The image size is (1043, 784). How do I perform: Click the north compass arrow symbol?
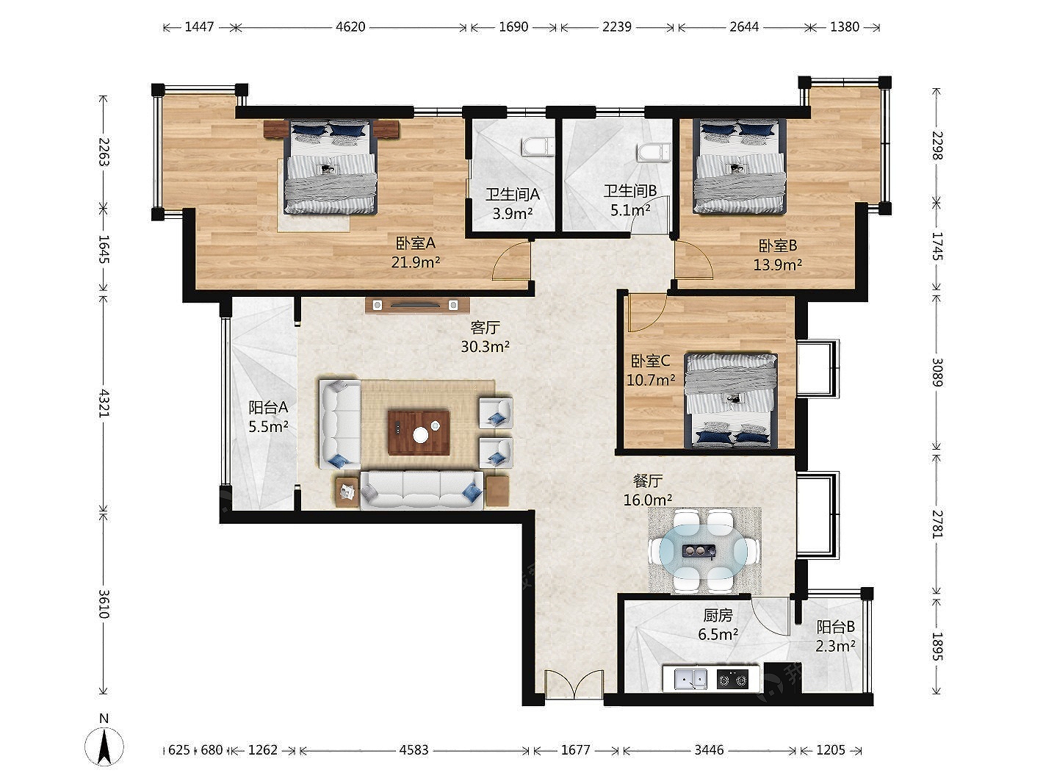tap(104, 746)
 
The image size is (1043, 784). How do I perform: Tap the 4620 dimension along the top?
tap(350, 27)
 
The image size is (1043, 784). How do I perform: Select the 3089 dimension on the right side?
tap(936, 372)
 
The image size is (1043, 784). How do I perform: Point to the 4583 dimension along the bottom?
tap(414, 749)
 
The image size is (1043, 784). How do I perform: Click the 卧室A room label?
tap(415, 243)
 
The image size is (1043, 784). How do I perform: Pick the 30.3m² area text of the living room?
tap(486, 346)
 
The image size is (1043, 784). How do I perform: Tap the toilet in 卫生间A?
tap(538, 146)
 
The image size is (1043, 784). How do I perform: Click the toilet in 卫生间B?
tap(654, 153)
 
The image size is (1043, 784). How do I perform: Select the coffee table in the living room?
tap(419, 432)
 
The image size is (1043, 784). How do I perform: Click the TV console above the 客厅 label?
tap(417, 305)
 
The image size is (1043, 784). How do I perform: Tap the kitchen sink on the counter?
tap(690, 678)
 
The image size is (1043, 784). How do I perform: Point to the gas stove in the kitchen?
tap(732, 679)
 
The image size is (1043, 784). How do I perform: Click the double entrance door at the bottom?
tap(574, 684)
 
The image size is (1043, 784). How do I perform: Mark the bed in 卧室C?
tap(731, 400)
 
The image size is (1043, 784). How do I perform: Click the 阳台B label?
tap(835, 627)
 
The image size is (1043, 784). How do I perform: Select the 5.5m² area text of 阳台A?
tap(268, 426)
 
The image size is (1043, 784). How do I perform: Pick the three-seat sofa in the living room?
tap(422, 490)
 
